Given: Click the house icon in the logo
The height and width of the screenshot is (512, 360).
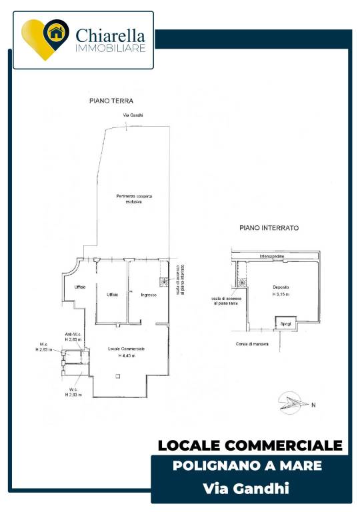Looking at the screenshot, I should point(56,31).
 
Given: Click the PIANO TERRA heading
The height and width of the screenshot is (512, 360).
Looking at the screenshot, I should point(112,101).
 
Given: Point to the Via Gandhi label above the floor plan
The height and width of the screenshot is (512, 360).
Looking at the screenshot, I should point(133,115).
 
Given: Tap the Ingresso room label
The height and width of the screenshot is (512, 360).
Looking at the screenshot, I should point(148,295).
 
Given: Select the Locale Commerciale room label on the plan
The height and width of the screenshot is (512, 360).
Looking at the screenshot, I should point(127,349).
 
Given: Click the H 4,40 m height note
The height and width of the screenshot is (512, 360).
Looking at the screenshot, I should point(127,356).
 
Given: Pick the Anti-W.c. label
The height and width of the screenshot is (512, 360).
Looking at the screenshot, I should point(73,335).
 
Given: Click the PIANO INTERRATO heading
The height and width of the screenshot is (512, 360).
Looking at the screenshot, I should point(269,227).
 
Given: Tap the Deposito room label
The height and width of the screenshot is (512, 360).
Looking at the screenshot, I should point(281,287).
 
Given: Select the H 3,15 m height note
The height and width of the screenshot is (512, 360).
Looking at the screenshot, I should point(281,294).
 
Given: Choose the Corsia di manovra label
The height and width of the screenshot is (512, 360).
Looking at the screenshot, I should point(252,344).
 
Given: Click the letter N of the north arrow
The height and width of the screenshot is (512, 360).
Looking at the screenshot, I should point(313,405).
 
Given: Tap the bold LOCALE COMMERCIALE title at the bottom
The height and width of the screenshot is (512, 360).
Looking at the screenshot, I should point(250,445).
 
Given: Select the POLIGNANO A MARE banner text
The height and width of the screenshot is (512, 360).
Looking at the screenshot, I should point(247,465).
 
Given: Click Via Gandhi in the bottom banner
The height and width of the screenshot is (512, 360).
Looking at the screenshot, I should point(246,489).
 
